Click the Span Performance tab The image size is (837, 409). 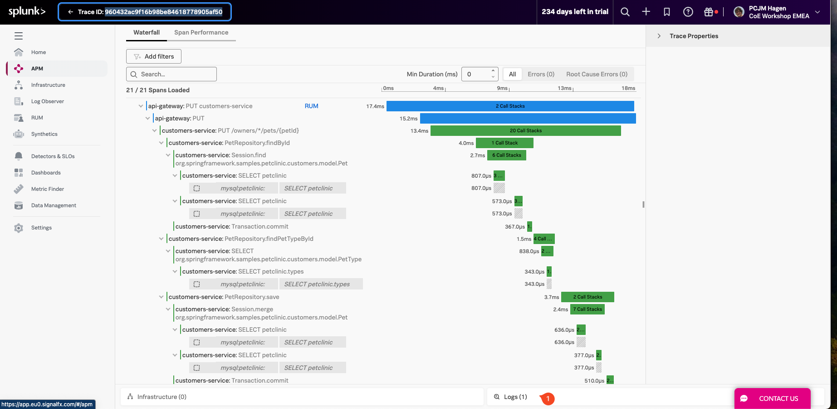[x=201, y=33]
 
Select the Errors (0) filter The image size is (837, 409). [x=541, y=74]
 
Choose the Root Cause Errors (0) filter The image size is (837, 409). [x=597, y=74]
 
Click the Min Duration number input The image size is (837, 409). [x=476, y=74]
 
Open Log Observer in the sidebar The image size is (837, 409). [x=47, y=101]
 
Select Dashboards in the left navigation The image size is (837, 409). [x=46, y=173]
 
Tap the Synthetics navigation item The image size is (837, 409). [x=44, y=134]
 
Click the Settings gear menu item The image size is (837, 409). [x=41, y=228]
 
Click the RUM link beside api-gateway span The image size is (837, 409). [x=311, y=106]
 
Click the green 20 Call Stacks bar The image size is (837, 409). [x=525, y=131]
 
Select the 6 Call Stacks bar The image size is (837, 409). [x=506, y=155]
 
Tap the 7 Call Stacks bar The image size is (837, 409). [x=587, y=309]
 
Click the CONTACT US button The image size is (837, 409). [x=772, y=399]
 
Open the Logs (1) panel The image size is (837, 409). [x=515, y=397]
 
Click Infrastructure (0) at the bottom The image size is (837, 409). [x=162, y=397]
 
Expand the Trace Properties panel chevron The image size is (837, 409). [x=659, y=36]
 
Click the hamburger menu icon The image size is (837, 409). [x=19, y=36]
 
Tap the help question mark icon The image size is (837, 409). [x=688, y=12]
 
